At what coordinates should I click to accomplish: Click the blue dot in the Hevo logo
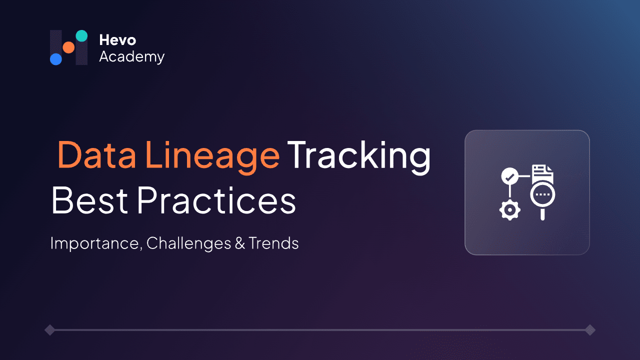tap(56, 59)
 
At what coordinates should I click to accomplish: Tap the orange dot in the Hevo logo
tap(68, 47)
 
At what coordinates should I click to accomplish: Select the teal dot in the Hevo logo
tap(81, 35)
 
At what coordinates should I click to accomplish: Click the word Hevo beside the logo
tap(117, 40)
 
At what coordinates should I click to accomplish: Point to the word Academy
tap(131, 56)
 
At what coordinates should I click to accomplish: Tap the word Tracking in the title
tap(358, 154)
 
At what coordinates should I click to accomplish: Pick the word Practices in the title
tap(216, 201)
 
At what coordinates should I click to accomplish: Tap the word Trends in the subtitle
tap(273, 243)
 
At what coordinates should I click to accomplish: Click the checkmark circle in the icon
tap(509, 176)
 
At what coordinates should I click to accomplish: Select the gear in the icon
tap(509, 210)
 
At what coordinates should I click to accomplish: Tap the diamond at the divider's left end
tap(49, 330)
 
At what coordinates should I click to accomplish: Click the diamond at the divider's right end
tap(590, 330)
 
